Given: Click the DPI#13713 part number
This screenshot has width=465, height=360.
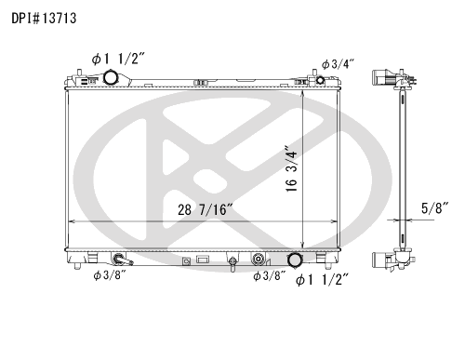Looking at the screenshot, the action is pos(44,19).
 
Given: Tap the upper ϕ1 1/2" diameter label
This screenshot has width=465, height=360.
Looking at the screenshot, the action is pos(118,59).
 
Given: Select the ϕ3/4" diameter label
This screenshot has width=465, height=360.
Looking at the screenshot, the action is pos(338,64).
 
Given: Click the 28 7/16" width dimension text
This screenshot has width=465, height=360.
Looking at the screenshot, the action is pos(205,209).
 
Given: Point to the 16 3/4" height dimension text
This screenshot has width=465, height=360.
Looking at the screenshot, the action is pos(292,168).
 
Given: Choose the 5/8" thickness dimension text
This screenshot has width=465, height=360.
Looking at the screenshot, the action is pos(435,208).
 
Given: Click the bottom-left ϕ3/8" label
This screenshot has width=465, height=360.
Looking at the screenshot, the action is pos(110,275).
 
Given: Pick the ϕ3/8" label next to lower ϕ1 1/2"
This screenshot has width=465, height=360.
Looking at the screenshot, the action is pos(269,275).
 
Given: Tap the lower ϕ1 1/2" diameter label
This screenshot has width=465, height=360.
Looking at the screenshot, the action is pos(323,280).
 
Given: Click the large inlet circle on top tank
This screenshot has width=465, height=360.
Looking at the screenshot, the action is pos(110,77).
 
